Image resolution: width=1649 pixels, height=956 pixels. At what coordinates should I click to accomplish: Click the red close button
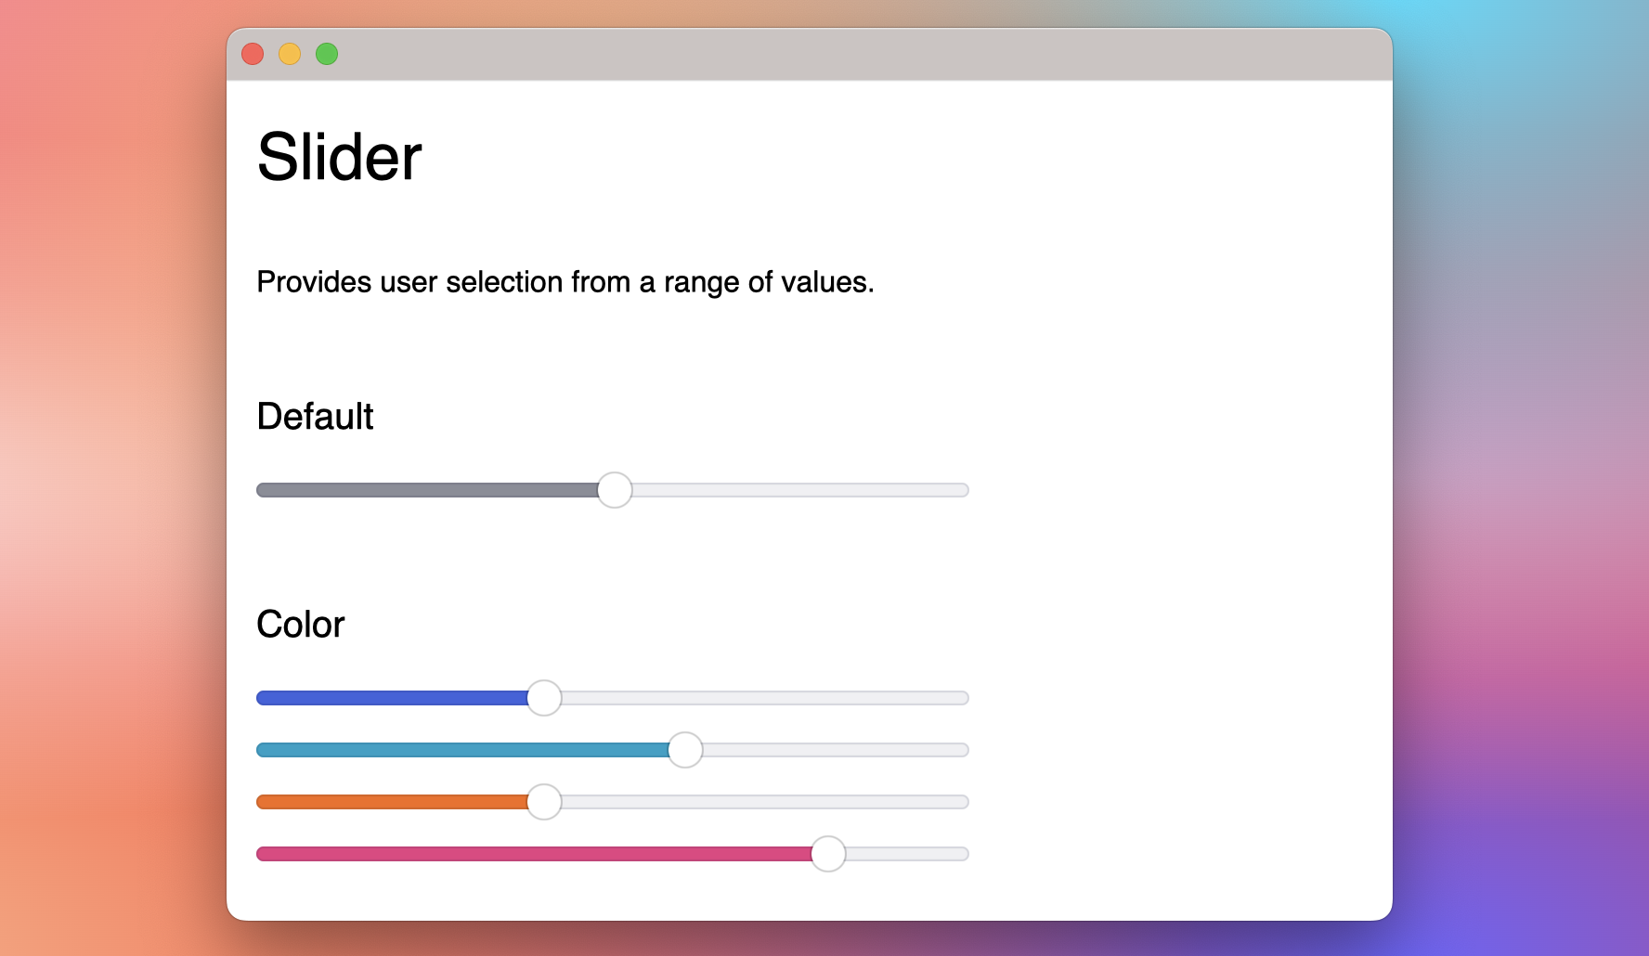click(x=253, y=54)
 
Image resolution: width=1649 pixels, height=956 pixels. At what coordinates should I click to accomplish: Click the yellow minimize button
click(x=290, y=54)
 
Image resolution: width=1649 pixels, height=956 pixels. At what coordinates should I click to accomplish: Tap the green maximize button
click(x=327, y=54)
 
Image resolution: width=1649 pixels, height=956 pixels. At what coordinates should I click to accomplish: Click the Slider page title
click(x=339, y=157)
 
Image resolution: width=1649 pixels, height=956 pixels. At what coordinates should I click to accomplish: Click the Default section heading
click(x=315, y=417)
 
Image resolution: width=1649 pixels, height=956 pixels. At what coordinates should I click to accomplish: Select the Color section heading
click(x=300, y=625)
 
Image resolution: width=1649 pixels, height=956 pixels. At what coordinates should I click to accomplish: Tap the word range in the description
click(x=701, y=283)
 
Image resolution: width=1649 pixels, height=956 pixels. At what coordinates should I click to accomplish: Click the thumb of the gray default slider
click(x=615, y=490)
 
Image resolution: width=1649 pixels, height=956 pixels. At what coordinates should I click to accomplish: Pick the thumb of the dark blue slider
click(x=544, y=698)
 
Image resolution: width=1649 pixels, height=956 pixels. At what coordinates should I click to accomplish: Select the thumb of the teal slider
click(x=685, y=750)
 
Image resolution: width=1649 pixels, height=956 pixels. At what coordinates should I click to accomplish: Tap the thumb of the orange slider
click(x=544, y=802)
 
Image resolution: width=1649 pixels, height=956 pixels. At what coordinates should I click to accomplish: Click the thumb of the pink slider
click(x=828, y=854)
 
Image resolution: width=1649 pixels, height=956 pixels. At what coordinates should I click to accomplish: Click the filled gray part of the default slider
click(x=427, y=490)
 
